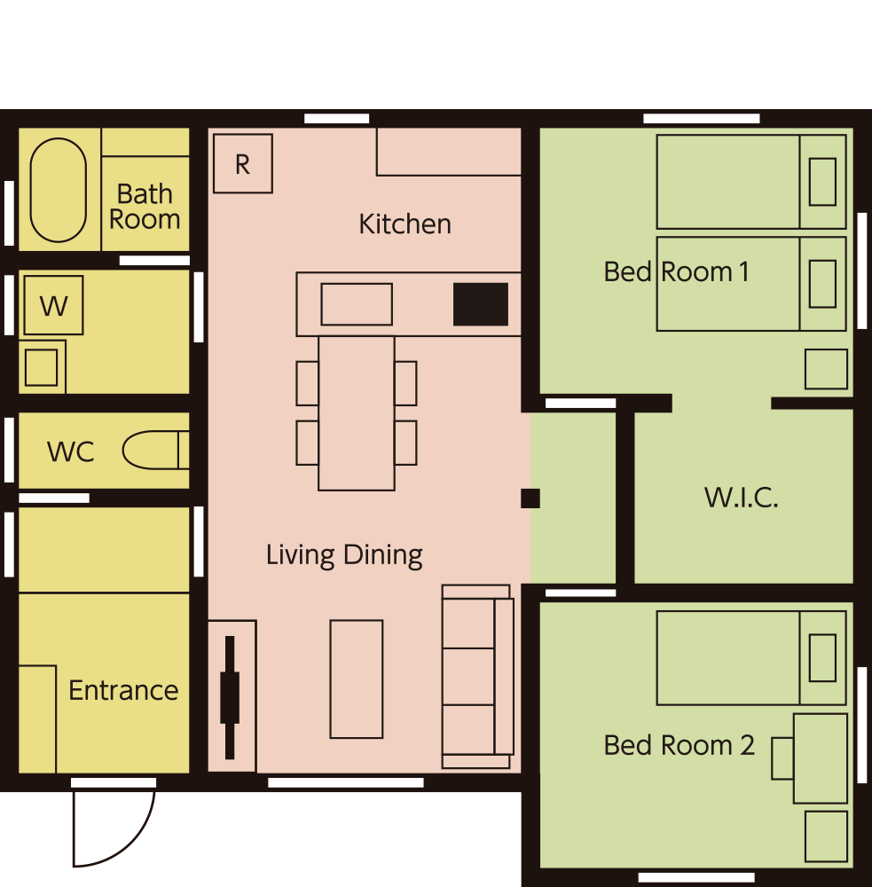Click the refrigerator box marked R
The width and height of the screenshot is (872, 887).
coord(243,163)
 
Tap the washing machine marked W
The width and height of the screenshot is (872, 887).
coord(54,305)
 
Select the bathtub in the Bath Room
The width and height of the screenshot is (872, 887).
coord(59,190)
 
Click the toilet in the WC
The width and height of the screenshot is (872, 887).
coord(155,451)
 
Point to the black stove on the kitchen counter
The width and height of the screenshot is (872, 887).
coord(481,304)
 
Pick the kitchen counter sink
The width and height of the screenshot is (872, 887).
coord(357,304)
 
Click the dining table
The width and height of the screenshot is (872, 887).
coord(357,413)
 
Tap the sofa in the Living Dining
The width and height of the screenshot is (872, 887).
coord(477,677)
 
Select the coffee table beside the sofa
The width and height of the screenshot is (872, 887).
coord(357,679)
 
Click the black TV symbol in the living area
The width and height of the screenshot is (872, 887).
coord(230,697)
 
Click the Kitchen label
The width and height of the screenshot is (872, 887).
coord(405,224)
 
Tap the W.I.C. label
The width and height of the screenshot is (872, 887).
coord(742,498)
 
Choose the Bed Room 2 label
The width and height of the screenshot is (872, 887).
coord(679,745)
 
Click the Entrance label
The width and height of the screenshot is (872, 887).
coord(123,690)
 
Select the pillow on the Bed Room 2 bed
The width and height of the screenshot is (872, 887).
coord(823,658)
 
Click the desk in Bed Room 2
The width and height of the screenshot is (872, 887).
coord(821,758)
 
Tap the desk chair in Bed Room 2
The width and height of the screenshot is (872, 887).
coord(782,758)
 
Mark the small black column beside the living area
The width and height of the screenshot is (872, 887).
coord(530,498)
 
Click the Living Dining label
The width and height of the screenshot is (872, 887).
coord(344,555)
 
